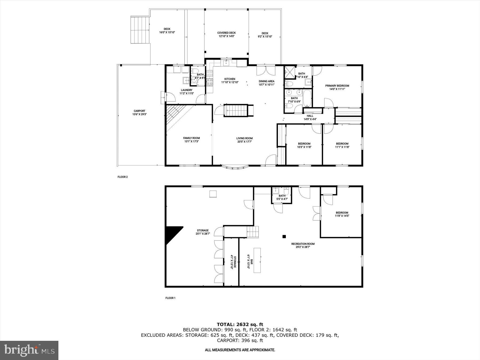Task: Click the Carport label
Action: click(139, 111)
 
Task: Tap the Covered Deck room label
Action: click(226, 33)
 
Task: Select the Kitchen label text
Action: click(230, 79)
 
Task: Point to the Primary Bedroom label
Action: click(337, 86)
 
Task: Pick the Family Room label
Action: click(191, 138)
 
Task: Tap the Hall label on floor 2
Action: click(310, 116)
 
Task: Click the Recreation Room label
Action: click(303, 244)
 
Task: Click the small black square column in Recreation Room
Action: click(284, 236)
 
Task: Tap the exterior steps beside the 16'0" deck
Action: click(140, 30)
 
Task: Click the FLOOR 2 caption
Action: click(123, 177)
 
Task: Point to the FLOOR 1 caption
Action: click(170, 298)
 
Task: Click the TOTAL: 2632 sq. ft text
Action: click(240, 325)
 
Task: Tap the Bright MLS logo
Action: click(29, 350)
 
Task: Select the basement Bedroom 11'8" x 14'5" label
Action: click(342, 213)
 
